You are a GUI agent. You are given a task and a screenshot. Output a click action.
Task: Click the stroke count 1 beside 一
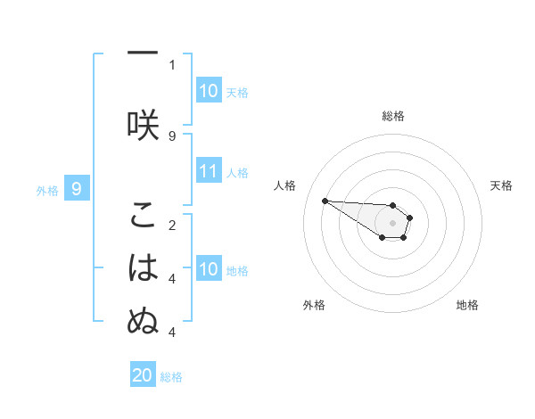(172, 65)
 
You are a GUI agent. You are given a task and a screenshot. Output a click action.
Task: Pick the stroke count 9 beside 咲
(172, 136)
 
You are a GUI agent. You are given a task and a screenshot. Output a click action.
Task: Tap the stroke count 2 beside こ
(172, 225)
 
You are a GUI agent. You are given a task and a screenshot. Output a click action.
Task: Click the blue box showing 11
(209, 172)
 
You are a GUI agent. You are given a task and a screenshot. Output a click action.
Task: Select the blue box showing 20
(143, 375)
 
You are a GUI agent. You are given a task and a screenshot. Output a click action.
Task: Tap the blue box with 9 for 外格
(78, 188)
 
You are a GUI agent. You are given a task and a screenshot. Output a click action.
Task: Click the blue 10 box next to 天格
(209, 91)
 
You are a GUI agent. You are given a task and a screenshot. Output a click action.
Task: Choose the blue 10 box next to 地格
(209, 269)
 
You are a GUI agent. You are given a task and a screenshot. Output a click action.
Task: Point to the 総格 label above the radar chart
(393, 117)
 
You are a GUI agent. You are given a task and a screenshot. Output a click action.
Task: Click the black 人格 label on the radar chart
(285, 185)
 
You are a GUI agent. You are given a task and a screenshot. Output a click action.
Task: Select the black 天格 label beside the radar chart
(501, 185)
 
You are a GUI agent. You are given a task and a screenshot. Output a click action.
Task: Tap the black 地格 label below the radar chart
(467, 305)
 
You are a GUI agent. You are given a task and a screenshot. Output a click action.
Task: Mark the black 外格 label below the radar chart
(314, 305)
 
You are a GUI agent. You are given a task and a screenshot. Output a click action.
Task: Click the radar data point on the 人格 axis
(325, 201)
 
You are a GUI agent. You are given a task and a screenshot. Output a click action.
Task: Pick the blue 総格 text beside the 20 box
(171, 377)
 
